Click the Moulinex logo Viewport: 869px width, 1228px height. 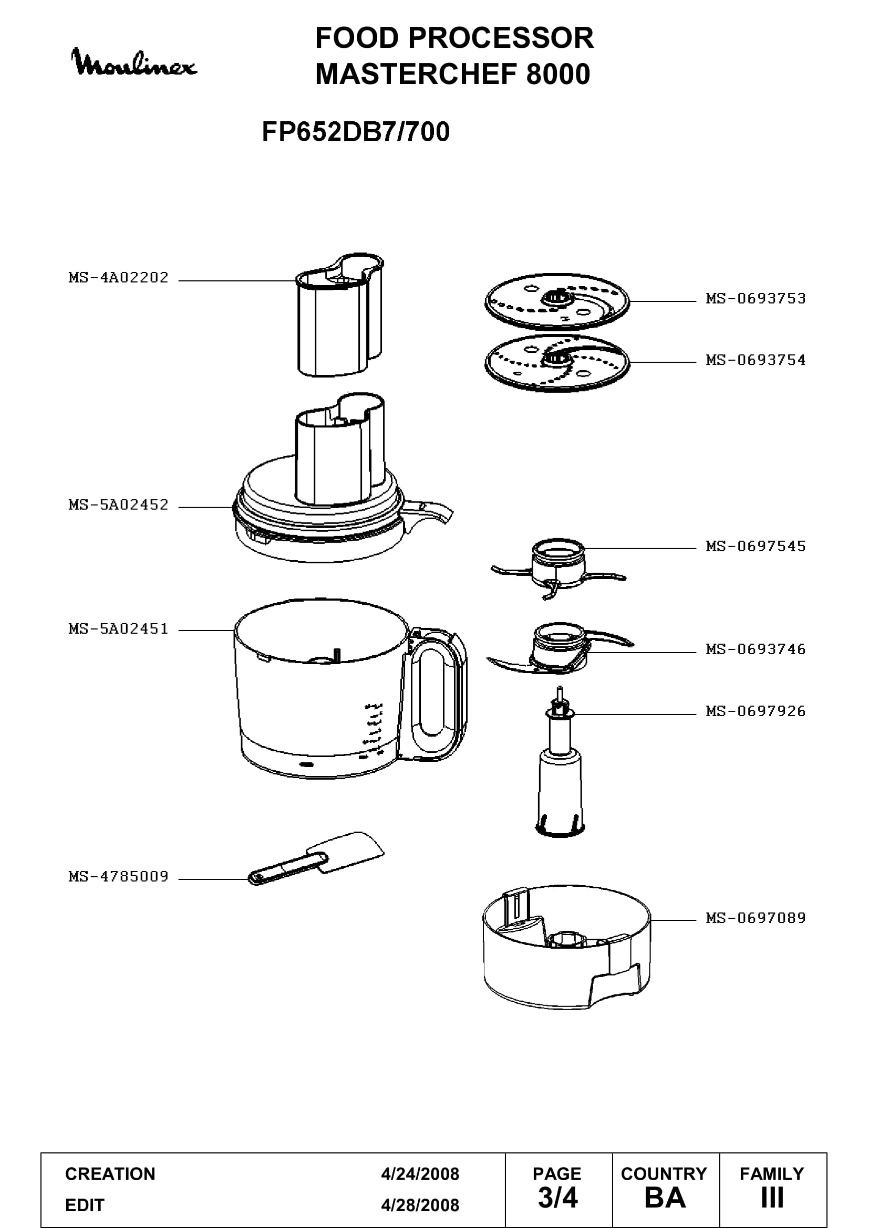coord(134,62)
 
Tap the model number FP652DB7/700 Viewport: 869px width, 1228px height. coord(356,132)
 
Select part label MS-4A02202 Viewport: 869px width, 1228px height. coord(118,278)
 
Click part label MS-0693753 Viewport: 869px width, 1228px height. coord(756,298)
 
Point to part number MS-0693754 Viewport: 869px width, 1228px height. coord(756,360)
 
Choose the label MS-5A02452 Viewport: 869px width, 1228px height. coord(118,505)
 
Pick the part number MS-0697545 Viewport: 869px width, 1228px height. coord(756,546)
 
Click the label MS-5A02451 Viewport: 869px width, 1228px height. coord(118,629)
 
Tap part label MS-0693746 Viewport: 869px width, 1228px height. coord(756,649)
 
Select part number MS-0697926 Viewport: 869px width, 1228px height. coord(756,711)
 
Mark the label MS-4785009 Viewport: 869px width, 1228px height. coord(118,877)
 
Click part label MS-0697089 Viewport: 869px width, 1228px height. coord(756,918)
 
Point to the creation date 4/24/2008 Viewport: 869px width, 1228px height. coord(420,1173)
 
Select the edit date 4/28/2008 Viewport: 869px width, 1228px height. coord(420,1205)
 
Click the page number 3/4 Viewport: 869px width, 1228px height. coord(557,1198)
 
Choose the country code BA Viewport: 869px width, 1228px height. coord(665,1198)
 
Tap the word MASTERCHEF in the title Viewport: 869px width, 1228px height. coord(416,74)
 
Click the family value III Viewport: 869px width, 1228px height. coord(772,1198)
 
